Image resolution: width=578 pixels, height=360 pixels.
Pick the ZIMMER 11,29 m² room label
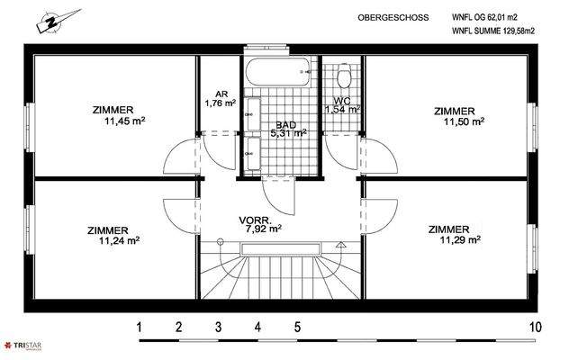coord(453,234)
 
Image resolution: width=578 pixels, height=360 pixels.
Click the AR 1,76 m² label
coord(220,98)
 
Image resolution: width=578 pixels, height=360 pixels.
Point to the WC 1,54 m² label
coord(341,104)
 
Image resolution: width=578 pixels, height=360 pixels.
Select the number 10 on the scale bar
coord(536,327)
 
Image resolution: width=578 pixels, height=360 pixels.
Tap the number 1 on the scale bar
coord(140,327)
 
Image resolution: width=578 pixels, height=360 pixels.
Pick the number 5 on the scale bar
coord(297,327)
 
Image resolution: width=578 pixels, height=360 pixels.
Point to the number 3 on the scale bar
coord(218,327)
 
